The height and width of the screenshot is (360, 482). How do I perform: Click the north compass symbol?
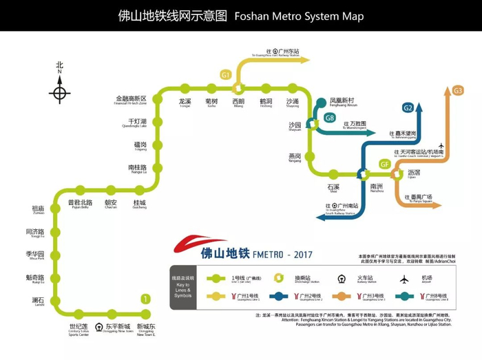[60, 92]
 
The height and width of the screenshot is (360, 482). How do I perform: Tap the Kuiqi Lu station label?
[34, 279]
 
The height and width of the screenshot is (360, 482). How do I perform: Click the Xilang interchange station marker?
[238, 87]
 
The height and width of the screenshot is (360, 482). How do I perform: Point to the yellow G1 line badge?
[225, 74]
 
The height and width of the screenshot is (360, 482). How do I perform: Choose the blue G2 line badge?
[408, 107]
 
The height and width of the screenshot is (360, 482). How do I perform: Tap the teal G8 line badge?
[330, 118]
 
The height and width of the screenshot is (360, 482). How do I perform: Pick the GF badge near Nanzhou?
[385, 164]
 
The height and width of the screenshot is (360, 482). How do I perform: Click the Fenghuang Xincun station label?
[343, 102]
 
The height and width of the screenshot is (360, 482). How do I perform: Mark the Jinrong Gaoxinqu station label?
[131, 100]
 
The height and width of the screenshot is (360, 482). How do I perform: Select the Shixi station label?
[334, 188]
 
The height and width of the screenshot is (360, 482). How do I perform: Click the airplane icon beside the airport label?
[441, 146]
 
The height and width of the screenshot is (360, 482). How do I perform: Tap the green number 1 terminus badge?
[145, 299]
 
